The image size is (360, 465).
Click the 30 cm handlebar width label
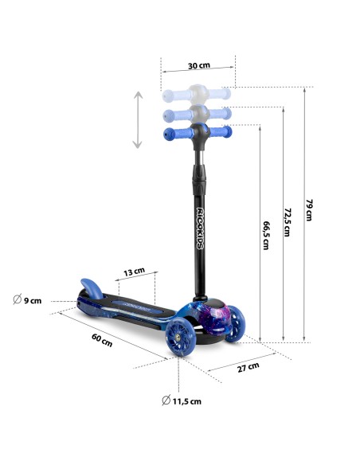198,65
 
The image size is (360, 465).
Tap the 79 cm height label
309,210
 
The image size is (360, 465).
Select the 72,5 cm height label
288,222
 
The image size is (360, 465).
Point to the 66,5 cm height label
266,235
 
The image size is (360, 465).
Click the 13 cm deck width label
134,272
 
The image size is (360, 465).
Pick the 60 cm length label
102,340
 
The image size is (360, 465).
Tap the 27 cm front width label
248,367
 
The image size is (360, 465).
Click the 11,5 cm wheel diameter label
182,401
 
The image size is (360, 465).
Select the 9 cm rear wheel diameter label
27,299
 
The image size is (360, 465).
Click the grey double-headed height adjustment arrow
138,119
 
